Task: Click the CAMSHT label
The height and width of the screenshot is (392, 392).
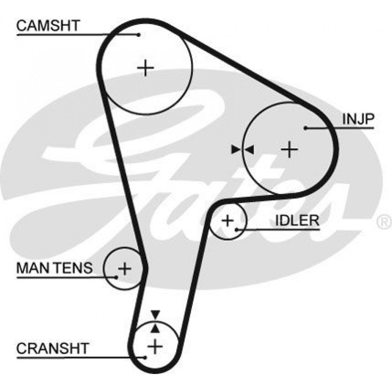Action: pyautogui.click(x=48, y=25)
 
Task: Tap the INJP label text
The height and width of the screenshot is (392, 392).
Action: pyautogui.click(x=358, y=119)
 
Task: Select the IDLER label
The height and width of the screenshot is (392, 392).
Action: pyautogui.click(x=297, y=220)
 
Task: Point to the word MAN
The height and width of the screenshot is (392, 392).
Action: pyautogui.click(x=34, y=268)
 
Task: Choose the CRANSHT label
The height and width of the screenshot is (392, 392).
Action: pyautogui.click(x=53, y=348)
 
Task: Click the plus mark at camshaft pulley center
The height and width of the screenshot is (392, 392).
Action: pyautogui.click(x=145, y=68)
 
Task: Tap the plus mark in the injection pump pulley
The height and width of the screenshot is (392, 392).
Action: pyautogui.click(x=289, y=149)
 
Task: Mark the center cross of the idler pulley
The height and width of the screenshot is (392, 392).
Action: pyautogui.click(x=227, y=221)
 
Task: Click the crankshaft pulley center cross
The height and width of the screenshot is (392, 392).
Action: pyautogui.click(x=155, y=346)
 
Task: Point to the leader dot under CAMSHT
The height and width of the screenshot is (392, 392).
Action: pyautogui.click(x=139, y=34)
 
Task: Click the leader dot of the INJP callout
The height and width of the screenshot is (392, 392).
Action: pyautogui.click(x=305, y=128)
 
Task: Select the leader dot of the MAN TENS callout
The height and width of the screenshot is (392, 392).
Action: pyautogui.click(x=116, y=277)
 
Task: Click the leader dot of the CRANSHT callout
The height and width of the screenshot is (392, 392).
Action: pyautogui.click(x=145, y=358)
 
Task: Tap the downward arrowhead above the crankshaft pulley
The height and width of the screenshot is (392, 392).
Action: pyautogui.click(x=155, y=314)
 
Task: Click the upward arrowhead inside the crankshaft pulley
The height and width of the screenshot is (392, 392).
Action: pyautogui.click(x=155, y=328)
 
